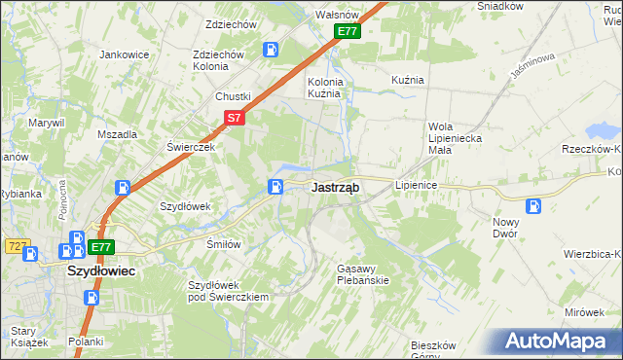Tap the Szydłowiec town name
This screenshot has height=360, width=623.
[x=100, y=272]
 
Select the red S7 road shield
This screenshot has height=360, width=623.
[x=234, y=118]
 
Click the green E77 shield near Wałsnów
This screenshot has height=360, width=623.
[x=348, y=32]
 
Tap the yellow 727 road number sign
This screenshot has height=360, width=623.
[x=17, y=247]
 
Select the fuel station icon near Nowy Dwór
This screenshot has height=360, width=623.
[x=532, y=205]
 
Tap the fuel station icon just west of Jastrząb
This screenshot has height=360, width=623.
[x=277, y=187]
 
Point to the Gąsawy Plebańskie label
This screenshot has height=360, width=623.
[x=362, y=273]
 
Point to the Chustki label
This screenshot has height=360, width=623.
[x=234, y=96]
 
